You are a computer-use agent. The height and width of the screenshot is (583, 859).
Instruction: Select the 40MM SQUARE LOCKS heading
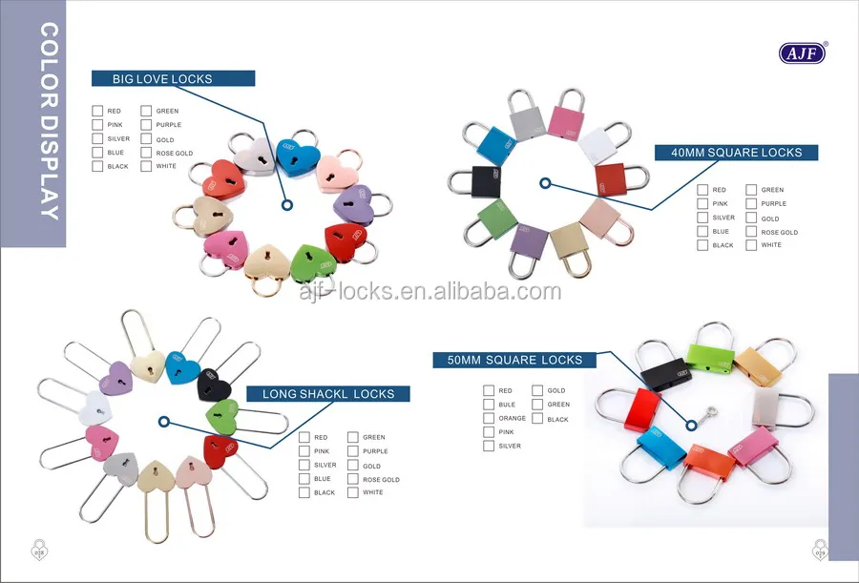point(736,153)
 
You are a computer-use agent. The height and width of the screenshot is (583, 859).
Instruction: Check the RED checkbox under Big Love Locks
point(97,111)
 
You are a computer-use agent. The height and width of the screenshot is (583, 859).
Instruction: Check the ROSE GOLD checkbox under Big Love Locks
point(146,153)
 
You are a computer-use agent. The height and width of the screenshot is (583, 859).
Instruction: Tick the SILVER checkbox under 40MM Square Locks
point(702,218)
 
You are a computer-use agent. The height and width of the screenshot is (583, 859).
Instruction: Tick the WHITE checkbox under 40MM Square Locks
point(751,245)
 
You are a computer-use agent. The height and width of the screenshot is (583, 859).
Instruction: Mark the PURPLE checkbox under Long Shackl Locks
point(353,451)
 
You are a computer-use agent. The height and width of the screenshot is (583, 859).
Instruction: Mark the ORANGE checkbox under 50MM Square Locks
point(489,418)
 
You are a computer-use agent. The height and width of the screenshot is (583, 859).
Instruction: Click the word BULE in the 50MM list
point(506,405)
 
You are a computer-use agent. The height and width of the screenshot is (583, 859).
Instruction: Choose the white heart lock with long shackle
point(98,406)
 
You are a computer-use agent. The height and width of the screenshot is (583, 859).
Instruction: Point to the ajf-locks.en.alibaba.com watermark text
point(429,291)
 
